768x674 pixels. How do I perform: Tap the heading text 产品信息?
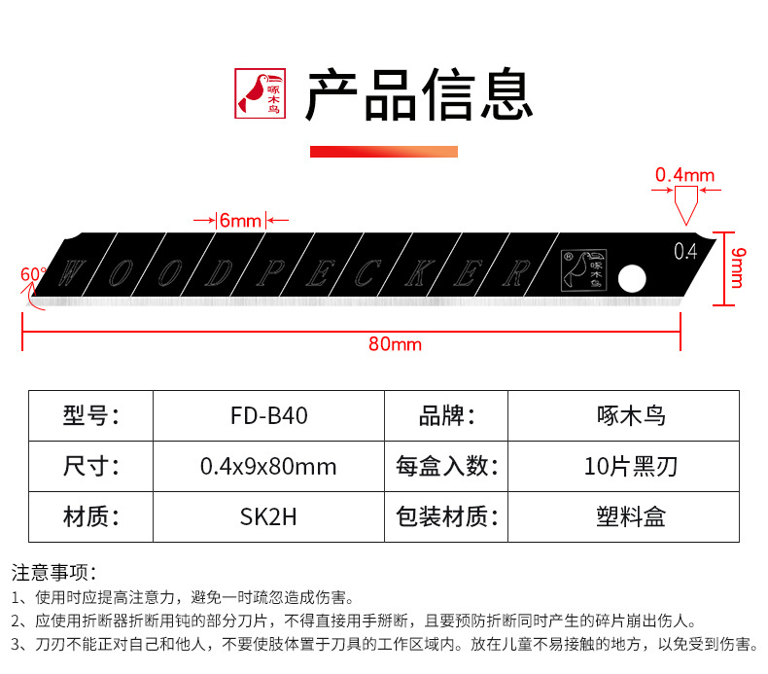click(419, 94)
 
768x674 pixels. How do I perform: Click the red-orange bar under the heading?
click(383, 152)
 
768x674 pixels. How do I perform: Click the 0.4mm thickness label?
click(684, 176)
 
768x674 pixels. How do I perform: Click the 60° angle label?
click(32, 275)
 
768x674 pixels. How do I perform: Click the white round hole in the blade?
click(632, 279)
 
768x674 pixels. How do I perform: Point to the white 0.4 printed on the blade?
click(684, 252)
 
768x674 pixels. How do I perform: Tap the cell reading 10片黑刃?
click(630, 466)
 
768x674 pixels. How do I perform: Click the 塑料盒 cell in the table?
click(630, 516)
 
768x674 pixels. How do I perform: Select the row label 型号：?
click(90, 415)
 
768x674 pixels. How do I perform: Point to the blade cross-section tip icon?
click(684, 204)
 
